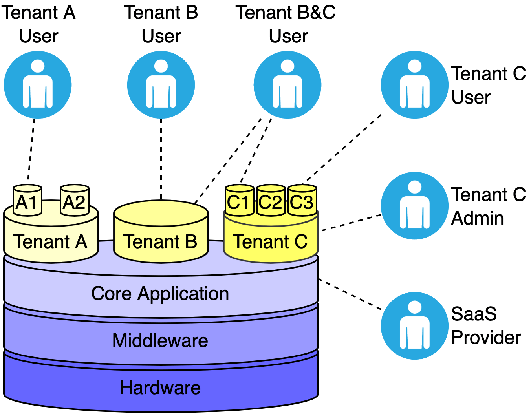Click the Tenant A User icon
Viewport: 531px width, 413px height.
(x=38, y=85)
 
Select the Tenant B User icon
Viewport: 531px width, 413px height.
(x=161, y=85)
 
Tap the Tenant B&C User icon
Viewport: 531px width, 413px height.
(x=287, y=85)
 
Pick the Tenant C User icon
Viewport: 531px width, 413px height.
(x=415, y=85)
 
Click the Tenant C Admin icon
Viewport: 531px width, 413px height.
(x=415, y=206)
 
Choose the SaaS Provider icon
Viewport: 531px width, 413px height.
(x=415, y=326)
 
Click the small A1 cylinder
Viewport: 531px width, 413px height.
(x=27, y=201)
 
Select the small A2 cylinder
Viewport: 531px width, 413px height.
(x=74, y=201)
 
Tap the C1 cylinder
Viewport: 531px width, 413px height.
(x=239, y=201)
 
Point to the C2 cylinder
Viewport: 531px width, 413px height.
(x=271, y=201)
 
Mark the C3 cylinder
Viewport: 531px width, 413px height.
(x=302, y=201)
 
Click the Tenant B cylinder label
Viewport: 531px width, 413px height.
(x=160, y=241)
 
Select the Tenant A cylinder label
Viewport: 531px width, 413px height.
(x=50, y=241)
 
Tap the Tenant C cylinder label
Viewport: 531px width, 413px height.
(x=270, y=241)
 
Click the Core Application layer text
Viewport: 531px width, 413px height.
(x=160, y=294)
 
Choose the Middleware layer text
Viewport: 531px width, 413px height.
(x=160, y=340)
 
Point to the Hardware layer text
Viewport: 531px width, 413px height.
(x=160, y=388)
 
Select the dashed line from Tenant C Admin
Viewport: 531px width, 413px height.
(x=351, y=223)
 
